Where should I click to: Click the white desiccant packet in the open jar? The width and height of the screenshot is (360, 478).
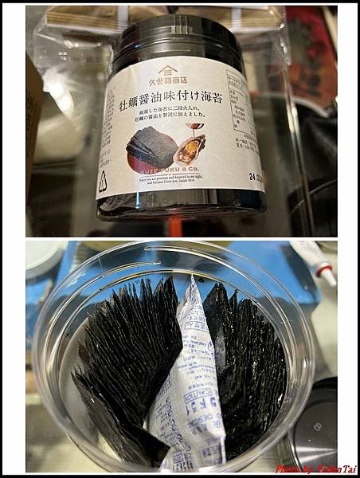[185, 374]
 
